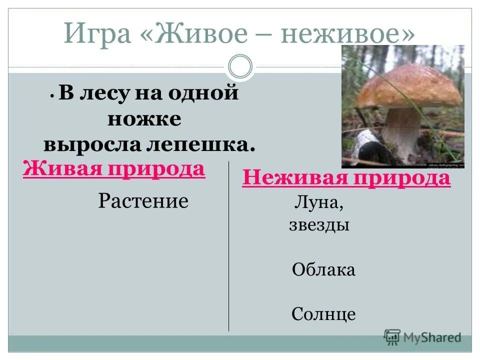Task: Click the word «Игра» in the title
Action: coord(102,34)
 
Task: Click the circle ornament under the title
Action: coord(240,67)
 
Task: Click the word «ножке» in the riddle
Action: coord(144,119)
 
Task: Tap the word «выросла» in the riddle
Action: coord(93,144)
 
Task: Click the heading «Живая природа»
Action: coord(114,169)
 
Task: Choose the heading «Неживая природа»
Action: coord(346,178)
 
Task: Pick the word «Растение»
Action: coord(143,201)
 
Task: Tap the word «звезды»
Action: coord(319,225)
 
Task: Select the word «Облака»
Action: coord(323,270)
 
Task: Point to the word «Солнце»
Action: coord(323,314)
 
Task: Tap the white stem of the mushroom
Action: coord(402,132)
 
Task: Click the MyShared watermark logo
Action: coord(422,337)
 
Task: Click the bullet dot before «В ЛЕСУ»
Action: coord(52,95)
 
